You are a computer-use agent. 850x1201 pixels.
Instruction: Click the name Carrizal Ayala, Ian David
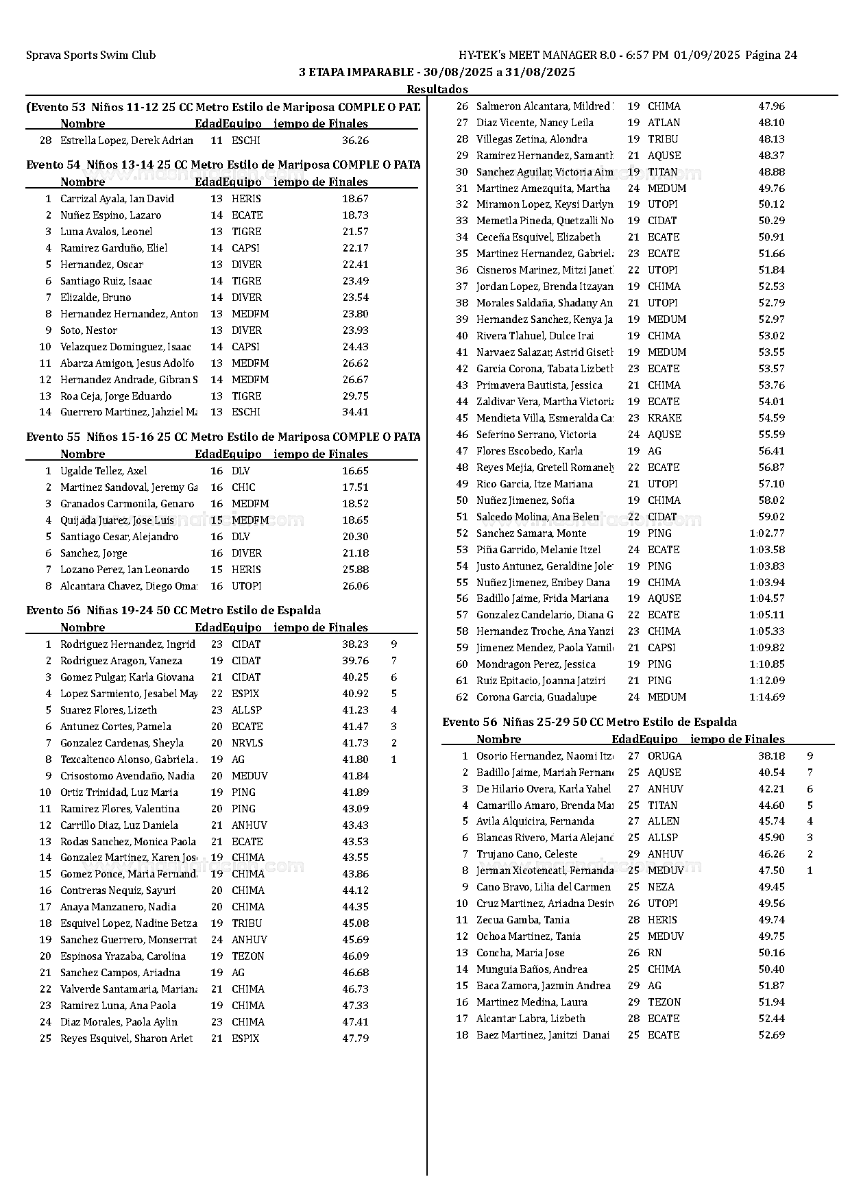(117, 199)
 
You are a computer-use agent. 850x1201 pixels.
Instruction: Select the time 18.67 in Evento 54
(355, 199)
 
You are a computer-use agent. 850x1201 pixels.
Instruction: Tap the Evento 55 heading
(223, 437)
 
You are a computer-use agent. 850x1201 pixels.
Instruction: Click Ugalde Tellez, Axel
(104, 471)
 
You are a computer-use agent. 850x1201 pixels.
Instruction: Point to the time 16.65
(355, 471)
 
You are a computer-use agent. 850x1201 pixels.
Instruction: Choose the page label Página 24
(770, 56)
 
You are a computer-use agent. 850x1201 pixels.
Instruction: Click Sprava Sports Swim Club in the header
(90, 56)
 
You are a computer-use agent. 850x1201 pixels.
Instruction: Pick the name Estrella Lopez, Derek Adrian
(126, 141)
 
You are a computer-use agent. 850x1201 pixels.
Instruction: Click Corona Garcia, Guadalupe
(536, 697)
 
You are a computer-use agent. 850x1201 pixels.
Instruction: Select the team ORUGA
(664, 756)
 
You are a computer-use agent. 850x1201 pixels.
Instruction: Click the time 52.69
(771, 1035)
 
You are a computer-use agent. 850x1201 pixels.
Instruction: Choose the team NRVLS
(247, 743)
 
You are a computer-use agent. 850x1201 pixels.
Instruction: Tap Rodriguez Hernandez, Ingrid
(127, 644)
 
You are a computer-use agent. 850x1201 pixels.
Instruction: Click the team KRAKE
(664, 418)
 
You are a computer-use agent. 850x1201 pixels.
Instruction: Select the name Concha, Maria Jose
(520, 953)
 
